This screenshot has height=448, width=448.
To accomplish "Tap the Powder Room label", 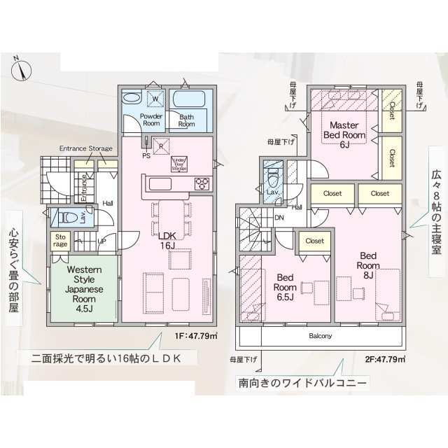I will click(x=151, y=120).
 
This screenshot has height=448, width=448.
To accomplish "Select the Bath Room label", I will click(x=186, y=120).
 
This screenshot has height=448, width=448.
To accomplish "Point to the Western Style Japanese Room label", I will click(x=84, y=289).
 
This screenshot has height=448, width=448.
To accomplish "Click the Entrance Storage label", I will click(x=85, y=148).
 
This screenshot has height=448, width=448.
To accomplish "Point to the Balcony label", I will click(x=320, y=336).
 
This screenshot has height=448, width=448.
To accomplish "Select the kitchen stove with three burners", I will click(x=202, y=183).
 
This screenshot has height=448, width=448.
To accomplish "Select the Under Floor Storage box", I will click(x=180, y=164).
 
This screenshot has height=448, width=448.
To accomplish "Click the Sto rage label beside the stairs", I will click(x=61, y=241).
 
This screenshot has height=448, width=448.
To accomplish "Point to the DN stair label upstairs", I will click(x=279, y=218).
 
